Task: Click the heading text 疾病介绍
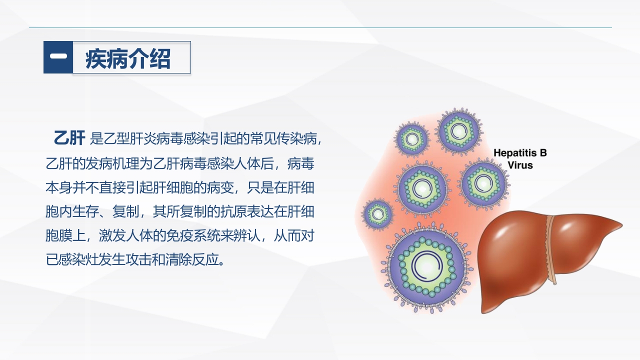pos(128,58)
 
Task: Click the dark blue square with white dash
pos(58,57)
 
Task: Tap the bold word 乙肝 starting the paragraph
pos(69,137)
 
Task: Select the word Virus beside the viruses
pos(520,165)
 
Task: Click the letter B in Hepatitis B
pos(543,153)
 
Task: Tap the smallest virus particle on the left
pos(378,214)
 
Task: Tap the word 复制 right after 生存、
pos(123,211)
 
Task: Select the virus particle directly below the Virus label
pos(482,184)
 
